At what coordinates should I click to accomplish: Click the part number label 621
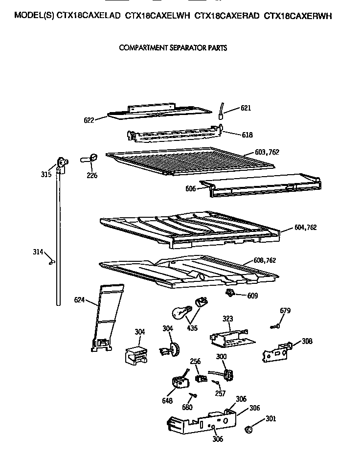[x=245, y=108]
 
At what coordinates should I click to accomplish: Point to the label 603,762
[x=267, y=152]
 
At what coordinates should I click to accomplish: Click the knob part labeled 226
[x=90, y=158]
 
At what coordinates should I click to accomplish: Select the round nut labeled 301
[x=248, y=429]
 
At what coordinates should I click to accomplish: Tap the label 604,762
[x=306, y=227]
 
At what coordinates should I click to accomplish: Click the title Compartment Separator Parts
[x=173, y=48]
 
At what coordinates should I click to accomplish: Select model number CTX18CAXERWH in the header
[x=298, y=16]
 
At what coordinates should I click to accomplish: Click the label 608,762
[x=265, y=260]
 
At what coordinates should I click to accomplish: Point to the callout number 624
[x=80, y=299]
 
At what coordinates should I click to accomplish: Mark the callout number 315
[x=46, y=174]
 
